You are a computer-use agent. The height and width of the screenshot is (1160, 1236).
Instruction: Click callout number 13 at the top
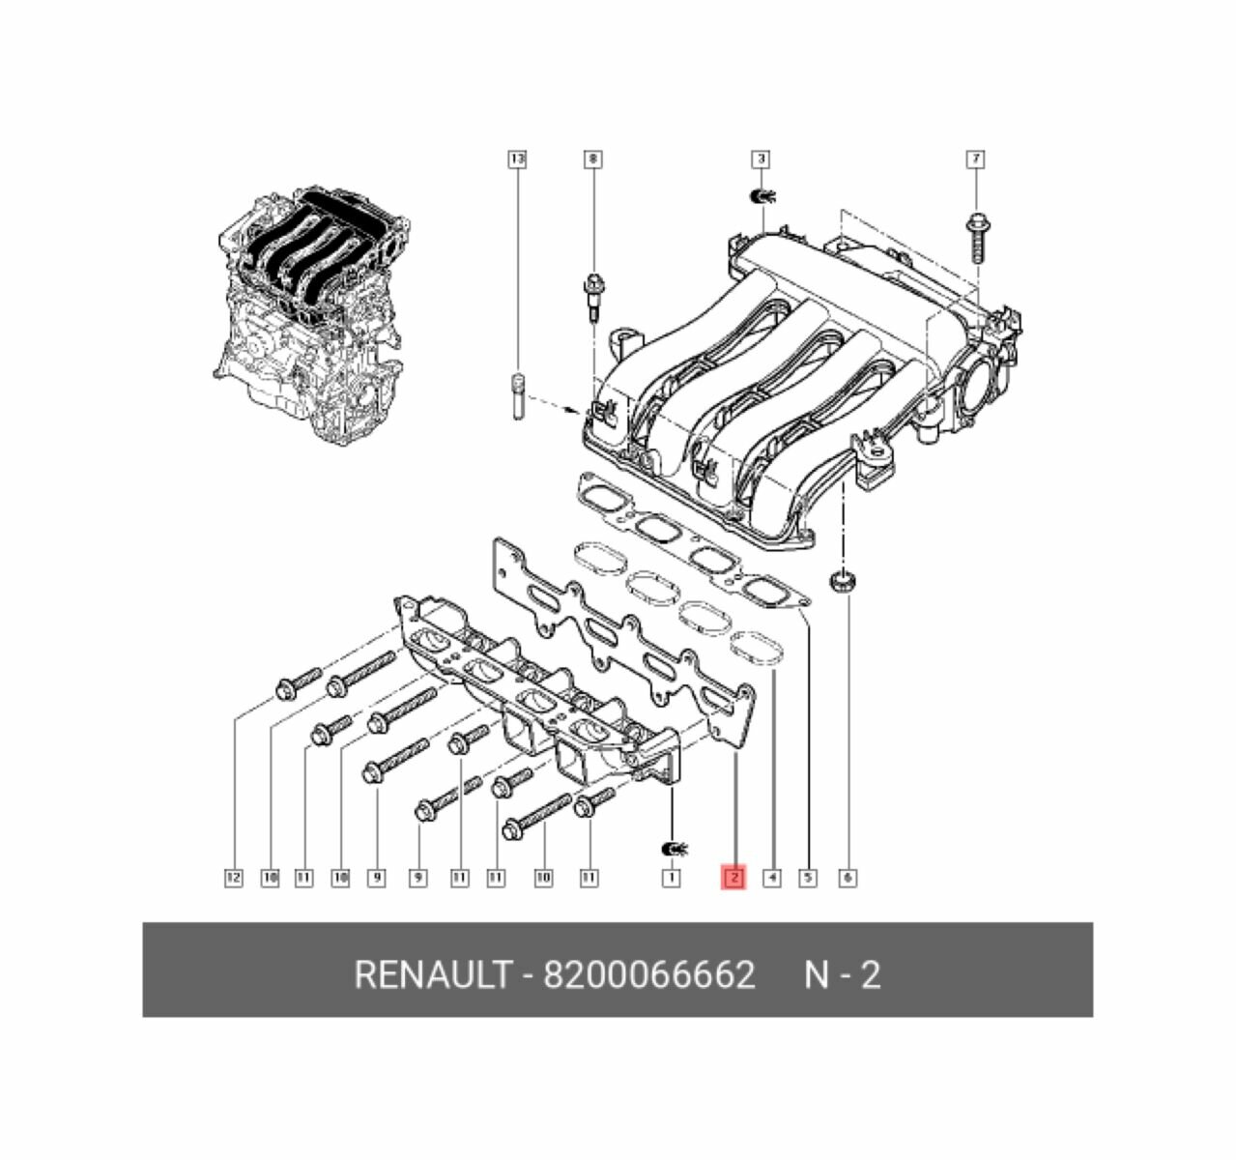[x=517, y=158]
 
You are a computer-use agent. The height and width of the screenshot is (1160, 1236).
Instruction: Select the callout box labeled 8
[x=592, y=158]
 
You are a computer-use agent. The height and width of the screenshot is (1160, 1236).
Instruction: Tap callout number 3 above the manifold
[x=762, y=158]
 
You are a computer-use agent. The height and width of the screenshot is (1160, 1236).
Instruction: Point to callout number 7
[x=976, y=158]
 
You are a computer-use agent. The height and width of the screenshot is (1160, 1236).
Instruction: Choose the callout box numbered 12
[x=232, y=878]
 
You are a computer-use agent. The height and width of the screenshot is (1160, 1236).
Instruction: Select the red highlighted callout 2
[x=734, y=878]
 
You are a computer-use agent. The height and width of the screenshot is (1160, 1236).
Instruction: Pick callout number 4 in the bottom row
[x=771, y=878]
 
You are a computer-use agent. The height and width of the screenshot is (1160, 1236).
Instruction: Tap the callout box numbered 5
[x=808, y=878]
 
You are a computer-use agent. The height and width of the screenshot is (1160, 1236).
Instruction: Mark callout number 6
[x=847, y=878]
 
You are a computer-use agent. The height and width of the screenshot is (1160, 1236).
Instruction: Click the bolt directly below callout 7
[x=976, y=236]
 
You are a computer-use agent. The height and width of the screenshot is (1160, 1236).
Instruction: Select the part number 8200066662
[x=648, y=974]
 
